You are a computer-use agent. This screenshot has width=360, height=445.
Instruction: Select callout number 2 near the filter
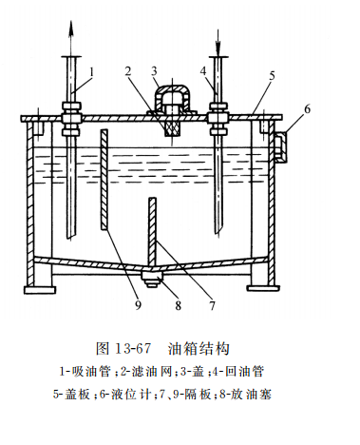click(127, 71)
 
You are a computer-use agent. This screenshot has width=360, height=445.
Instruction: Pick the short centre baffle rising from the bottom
click(154, 229)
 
